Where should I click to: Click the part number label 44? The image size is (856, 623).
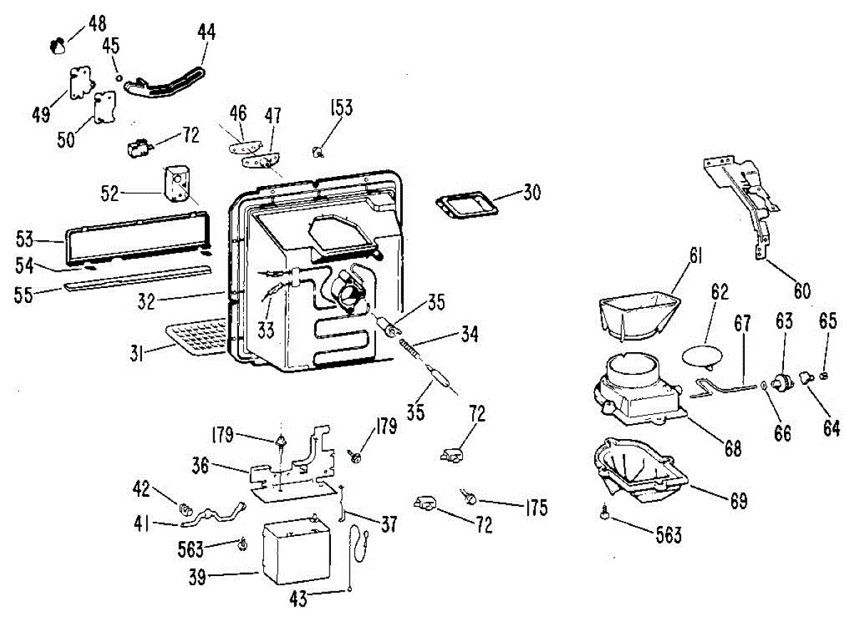[206, 32]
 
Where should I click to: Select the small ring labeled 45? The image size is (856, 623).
[119, 78]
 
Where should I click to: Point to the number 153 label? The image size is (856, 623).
[341, 108]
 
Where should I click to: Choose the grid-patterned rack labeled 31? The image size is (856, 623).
[197, 338]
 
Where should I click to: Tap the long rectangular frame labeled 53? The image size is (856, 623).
[137, 239]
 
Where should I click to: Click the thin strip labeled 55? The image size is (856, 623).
[138, 279]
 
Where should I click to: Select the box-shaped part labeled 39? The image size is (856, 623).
[297, 550]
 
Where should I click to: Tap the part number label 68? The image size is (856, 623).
[733, 448]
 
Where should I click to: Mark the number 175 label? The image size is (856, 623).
[536, 508]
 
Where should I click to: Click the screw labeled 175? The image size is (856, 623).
[469, 497]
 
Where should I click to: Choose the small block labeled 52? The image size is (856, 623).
[177, 183]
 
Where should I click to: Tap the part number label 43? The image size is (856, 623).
[299, 599]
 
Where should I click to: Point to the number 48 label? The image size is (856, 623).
[97, 24]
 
